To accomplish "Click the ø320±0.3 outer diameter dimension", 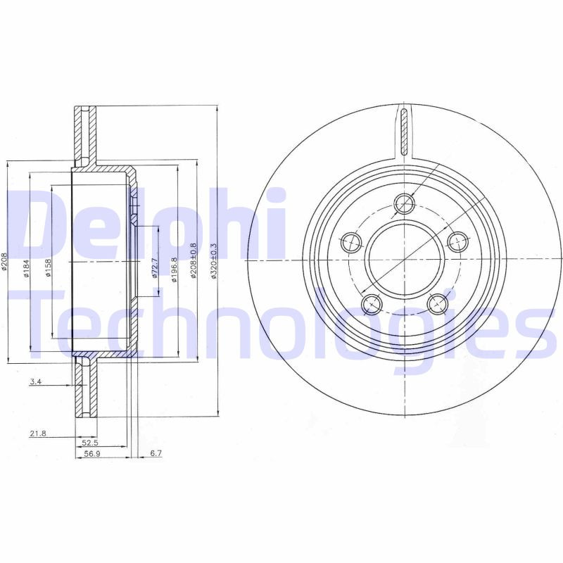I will click(x=214, y=261).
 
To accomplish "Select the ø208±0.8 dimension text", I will click(x=193, y=262).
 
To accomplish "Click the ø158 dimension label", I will click(x=48, y=268).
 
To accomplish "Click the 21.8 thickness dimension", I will click(x=37, y=434).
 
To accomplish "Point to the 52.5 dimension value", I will click(x=89, y=443).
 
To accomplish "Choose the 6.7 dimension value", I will click(x=156, y=454).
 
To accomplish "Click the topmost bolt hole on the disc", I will click(x=405, y=204).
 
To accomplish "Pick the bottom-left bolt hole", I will click(x=371, y=304).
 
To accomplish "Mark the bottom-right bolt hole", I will click(x=438, y=304).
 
